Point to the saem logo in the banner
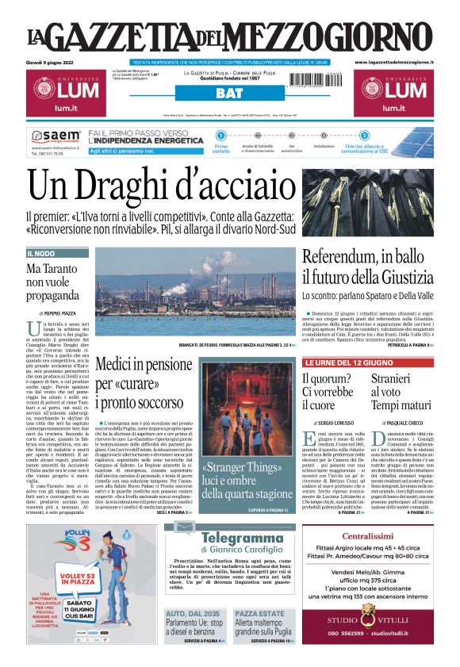60,136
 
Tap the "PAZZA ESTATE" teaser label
259,614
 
